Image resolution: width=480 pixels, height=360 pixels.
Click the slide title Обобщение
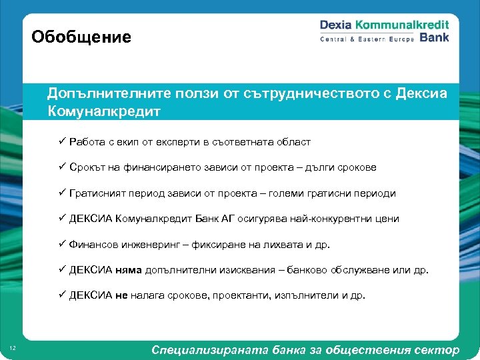coord(81,37)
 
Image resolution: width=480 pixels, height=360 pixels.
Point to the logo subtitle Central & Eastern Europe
coord(367,39)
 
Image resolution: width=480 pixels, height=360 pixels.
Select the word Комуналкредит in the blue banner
coord(103,111)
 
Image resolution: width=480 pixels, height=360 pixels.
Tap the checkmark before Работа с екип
coord(61,142)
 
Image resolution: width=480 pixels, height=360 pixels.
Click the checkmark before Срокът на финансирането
coord(61,167)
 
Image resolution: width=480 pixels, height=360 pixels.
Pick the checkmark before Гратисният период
coord(61,193)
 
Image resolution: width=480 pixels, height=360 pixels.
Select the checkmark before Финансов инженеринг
coord(61,244)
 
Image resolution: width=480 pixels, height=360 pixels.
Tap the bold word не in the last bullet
coord(121,295)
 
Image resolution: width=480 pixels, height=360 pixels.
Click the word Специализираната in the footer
coord(207,350)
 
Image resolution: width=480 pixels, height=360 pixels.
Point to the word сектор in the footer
coord(436,350)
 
